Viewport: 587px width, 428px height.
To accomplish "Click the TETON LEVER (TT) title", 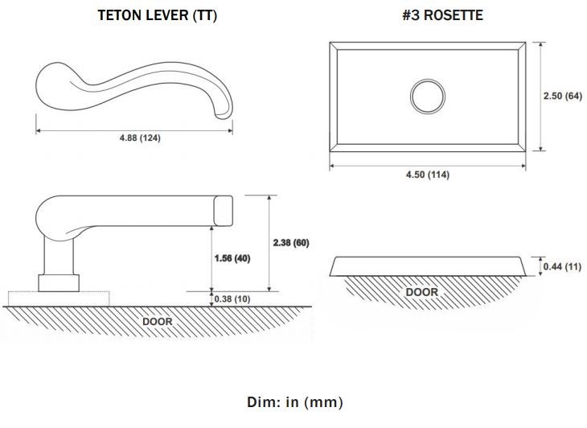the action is coord(158,15).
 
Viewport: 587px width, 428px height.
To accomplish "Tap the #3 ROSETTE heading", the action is coord(442,15).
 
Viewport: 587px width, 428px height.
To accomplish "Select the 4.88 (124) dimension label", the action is coord(140,138).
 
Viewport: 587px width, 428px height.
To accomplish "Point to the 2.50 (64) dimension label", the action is coord(563,96).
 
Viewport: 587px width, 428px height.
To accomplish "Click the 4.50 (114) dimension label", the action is coord(428,175).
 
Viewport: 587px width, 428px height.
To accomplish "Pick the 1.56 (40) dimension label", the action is coord(232,258).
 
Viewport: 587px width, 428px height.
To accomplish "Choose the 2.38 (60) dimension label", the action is coord(291,243).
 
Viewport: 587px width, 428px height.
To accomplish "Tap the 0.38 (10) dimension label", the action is coord(232,298).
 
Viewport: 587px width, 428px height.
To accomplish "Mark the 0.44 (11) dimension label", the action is coord(562,266).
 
